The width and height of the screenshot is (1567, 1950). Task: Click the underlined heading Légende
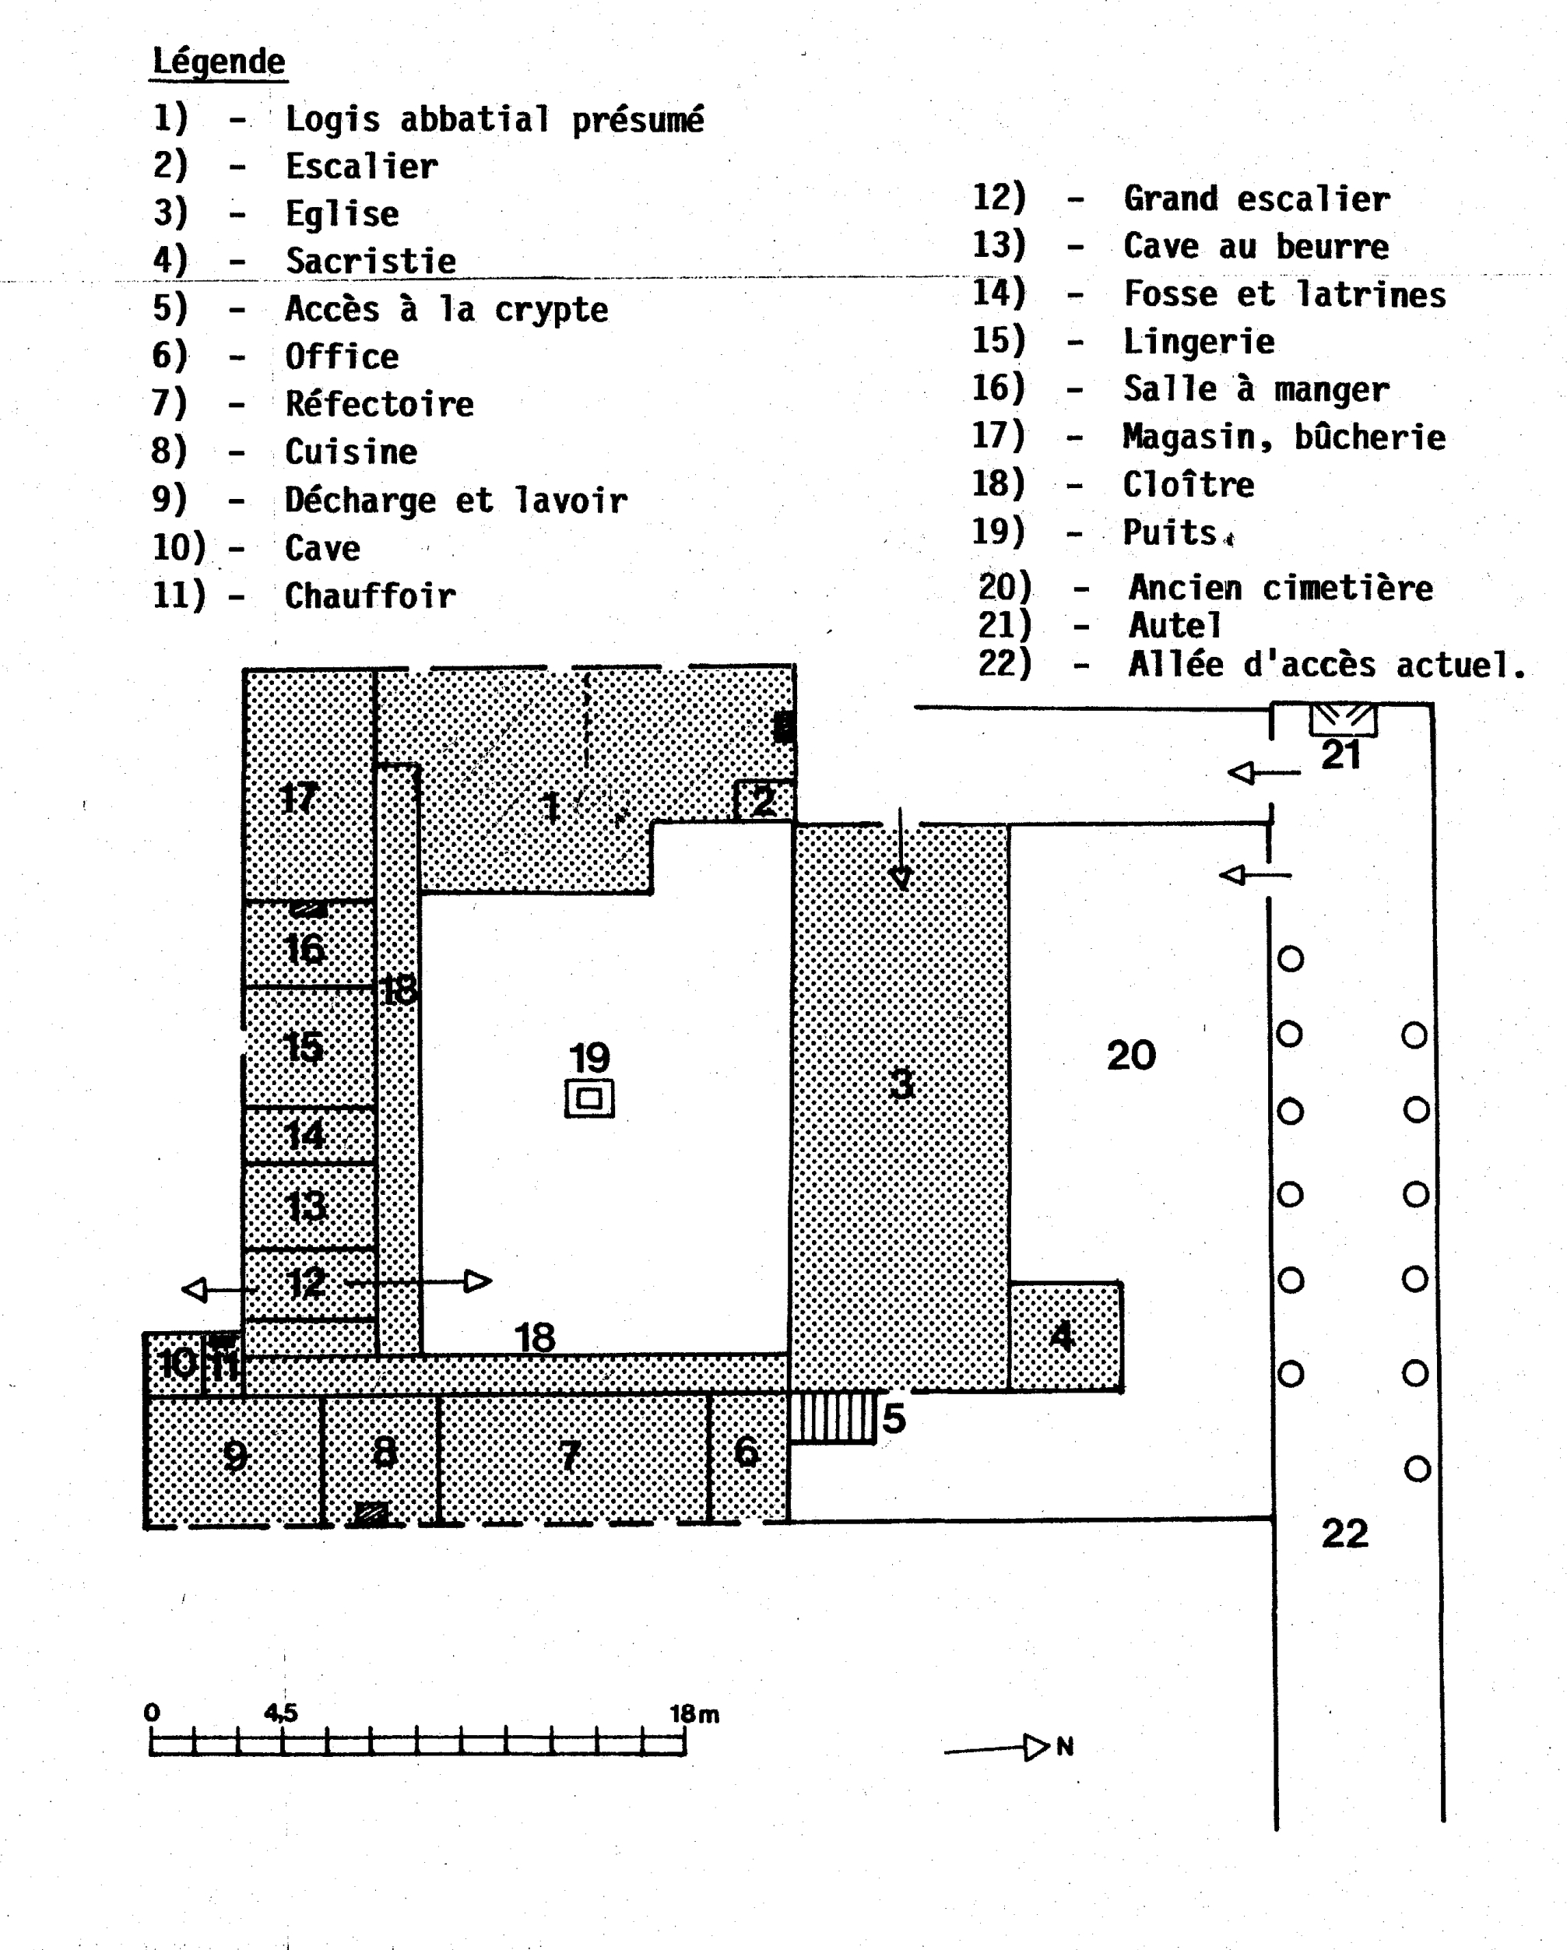[219, 61]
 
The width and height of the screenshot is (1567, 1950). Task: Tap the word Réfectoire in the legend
[379, 403]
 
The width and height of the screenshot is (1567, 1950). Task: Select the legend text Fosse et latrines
[1284, 294]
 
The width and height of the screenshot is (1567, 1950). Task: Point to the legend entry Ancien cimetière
[1281, 588]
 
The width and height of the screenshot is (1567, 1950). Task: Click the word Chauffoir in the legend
[370, 596]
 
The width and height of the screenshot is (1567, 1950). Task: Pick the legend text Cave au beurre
[1256, 246]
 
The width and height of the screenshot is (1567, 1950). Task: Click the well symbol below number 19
[589, 1099]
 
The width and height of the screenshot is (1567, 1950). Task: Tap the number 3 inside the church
[901, 1083]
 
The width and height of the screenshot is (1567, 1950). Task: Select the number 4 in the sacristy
[1063, 1336]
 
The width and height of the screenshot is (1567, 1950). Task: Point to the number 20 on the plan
[1130, 1056]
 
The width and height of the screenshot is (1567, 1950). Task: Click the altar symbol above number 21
[1344, 720]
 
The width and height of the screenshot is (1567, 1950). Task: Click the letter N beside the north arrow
[1065, 1747]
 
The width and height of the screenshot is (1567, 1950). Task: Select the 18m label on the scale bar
[694, 1714]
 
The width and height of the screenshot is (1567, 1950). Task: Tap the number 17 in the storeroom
[298, 798]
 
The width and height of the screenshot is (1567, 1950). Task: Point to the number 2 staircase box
[764, 800]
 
